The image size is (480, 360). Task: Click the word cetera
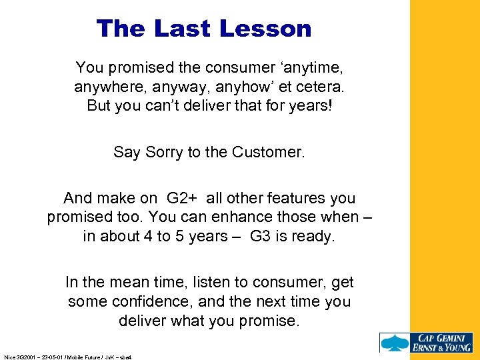320,87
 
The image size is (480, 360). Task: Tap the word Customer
268,152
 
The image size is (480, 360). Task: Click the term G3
262,237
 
